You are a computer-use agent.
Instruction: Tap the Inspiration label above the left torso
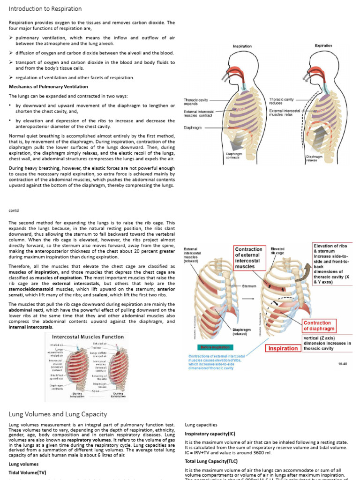242,46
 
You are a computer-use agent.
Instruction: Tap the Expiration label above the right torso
323,45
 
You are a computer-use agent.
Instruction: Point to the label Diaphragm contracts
234,155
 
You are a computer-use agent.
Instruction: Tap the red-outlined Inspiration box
283,348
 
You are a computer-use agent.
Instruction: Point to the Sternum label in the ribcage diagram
249,285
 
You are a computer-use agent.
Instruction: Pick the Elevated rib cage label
278,251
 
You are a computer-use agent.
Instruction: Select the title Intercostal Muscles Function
88,337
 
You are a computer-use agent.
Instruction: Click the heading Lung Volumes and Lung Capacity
58,414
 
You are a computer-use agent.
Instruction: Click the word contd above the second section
14,210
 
